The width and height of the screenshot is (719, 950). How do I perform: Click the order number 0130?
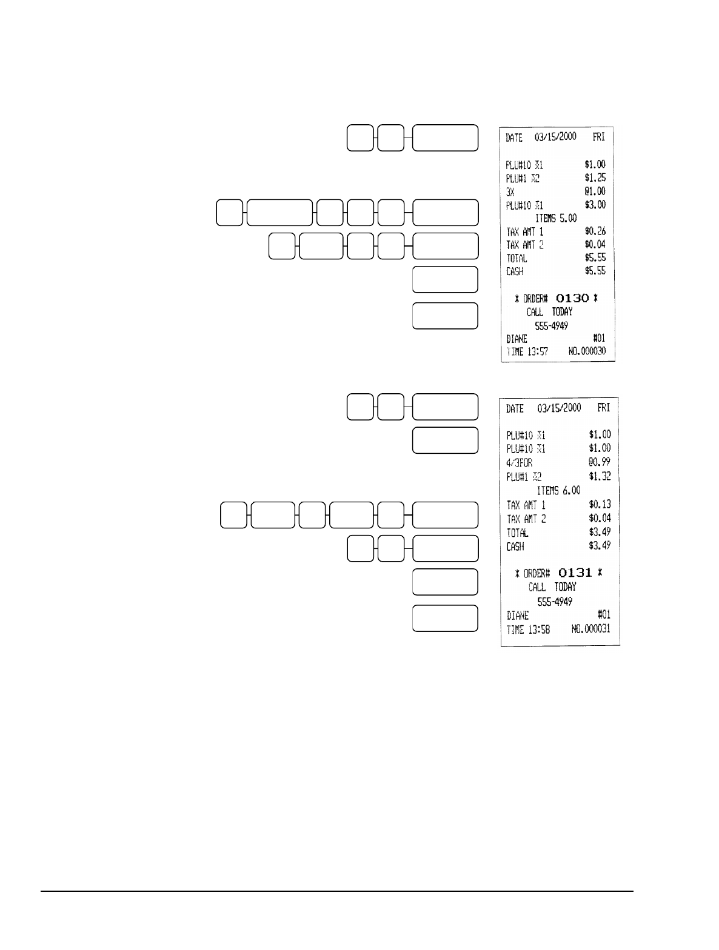click(x=572, y=298)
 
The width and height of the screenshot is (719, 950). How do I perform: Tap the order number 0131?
click(x=575, y=573)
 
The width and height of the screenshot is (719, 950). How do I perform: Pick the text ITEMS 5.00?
click(x=556, y=218)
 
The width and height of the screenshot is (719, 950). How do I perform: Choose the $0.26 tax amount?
click(x=595, y=231)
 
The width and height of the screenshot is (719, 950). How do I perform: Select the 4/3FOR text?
click(x=520, y=462)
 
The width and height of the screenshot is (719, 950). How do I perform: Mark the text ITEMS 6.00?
click(x=559, y=490)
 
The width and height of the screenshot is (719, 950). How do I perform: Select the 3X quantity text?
click(x=510, y=191)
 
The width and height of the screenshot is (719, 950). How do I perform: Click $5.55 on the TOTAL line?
click(x=595, y=258)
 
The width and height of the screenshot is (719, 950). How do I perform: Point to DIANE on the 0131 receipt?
click(x=518, y=615)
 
